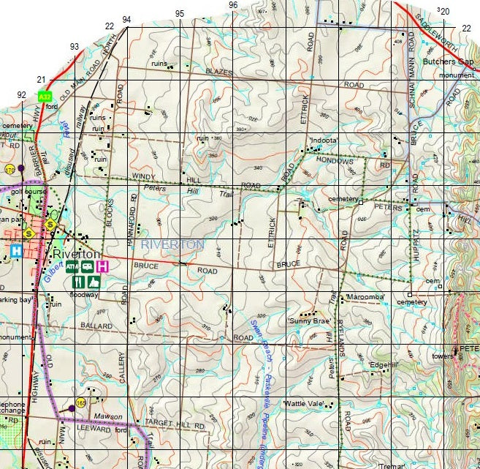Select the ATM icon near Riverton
[72, 267]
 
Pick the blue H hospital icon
[15, 251]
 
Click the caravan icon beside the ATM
[87, 267]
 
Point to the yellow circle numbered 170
[9, 169]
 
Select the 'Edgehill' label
[384, 364]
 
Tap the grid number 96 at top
[233, 5]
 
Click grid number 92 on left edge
[21, 94]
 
